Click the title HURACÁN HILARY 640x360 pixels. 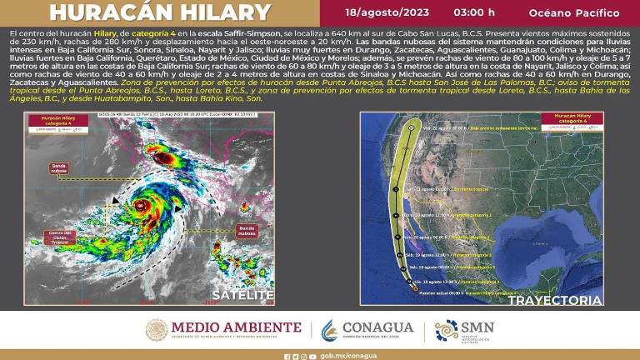(160, 13)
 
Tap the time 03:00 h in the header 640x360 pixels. (473, 13)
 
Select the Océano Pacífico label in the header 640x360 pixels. (574, 13)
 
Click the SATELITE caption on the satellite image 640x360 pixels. (242, 295)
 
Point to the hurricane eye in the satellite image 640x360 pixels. (143, 205)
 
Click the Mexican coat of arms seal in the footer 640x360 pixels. (156, 331)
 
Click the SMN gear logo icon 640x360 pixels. (446, 331)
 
